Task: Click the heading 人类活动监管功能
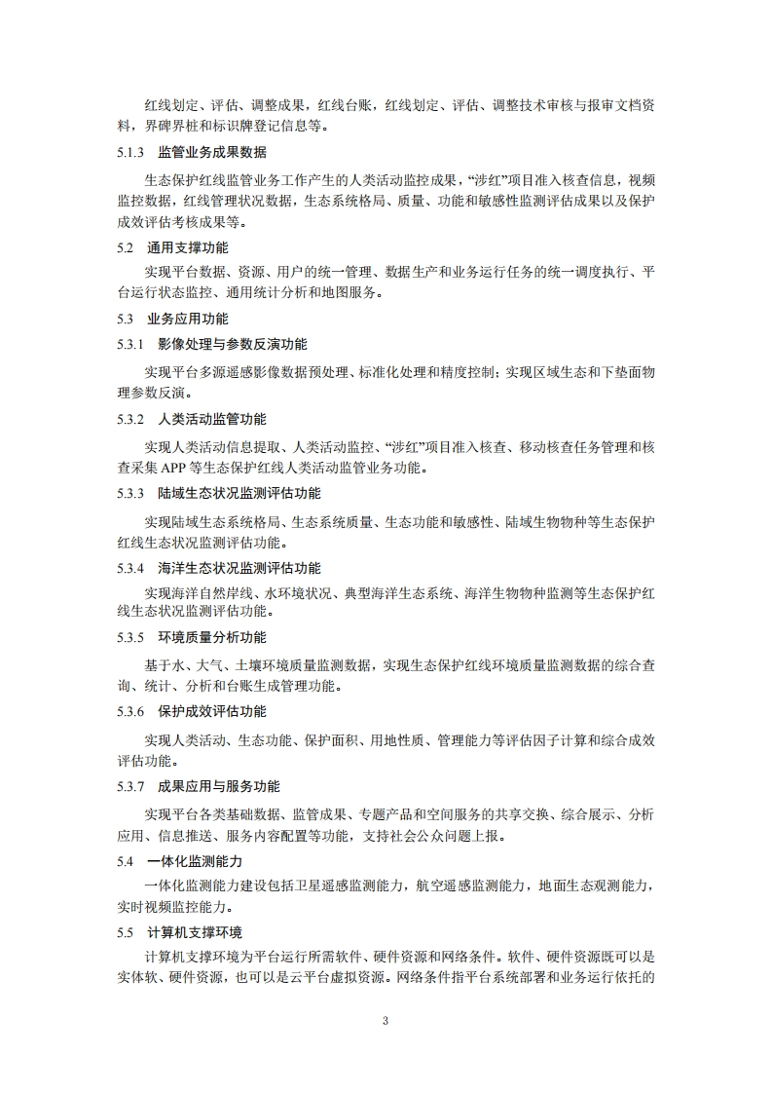(x=211, y=420)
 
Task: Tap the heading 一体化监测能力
(x=195, y=861)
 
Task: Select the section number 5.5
(x=125, y=933)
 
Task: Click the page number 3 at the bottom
(x=386, y=1021)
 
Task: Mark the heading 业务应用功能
(x=188, y=319)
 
